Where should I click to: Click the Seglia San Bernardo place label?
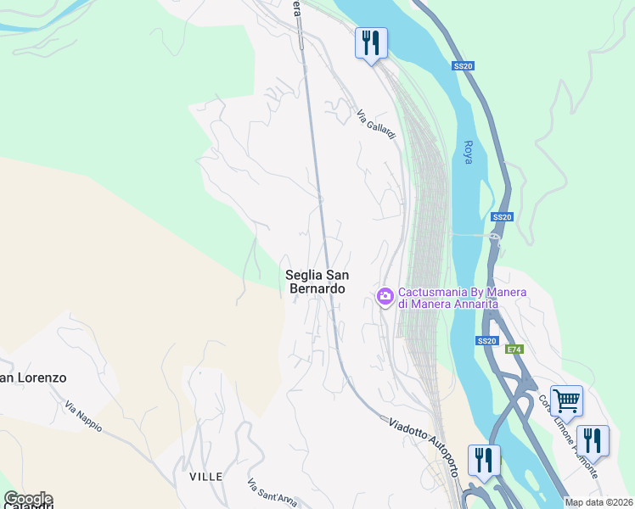(x=315, y=282)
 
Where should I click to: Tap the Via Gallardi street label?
(x=376, y=126)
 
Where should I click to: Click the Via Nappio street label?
(x=82, y=415)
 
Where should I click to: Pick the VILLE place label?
(x=206, y=477)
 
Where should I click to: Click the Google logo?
(x=27, y=499)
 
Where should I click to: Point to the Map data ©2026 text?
(x=598, y=502)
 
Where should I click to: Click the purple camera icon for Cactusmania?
(x=385, y=295)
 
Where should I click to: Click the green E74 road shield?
(x=514, y=350)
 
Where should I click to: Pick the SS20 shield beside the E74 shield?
(x=486, y=341)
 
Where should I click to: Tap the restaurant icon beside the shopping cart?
(x=593, y=439)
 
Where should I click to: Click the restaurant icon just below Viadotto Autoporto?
(x=484, y=459)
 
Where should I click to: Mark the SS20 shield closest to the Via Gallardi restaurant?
(x=462, y=65)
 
